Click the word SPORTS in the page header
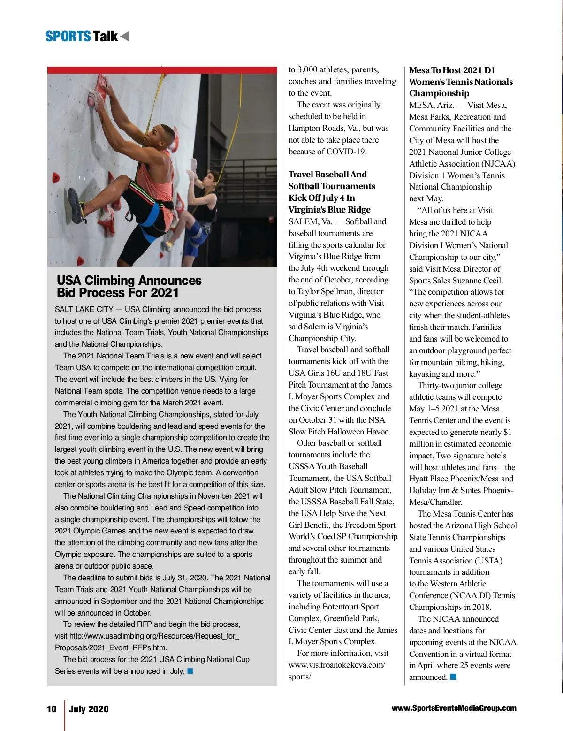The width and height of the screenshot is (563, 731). coord(68,37)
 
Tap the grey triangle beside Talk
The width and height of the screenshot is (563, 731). coord(125,36)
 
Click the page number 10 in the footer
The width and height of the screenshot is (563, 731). coord(52,709)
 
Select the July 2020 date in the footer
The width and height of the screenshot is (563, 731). coord(89,709)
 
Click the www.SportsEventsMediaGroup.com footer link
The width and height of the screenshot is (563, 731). coord(454,708)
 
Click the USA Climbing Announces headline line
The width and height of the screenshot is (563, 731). coord(129,281)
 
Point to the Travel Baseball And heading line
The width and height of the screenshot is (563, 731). coord(327,175)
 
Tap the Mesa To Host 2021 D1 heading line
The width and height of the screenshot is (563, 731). coord(452,70)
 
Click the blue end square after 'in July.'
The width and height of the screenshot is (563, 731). coord(190,671)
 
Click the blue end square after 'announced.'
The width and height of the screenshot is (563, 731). coord(453,677)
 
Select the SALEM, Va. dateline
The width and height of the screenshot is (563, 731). coord(310,221)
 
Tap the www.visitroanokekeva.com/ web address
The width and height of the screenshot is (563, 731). coord(337,665)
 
